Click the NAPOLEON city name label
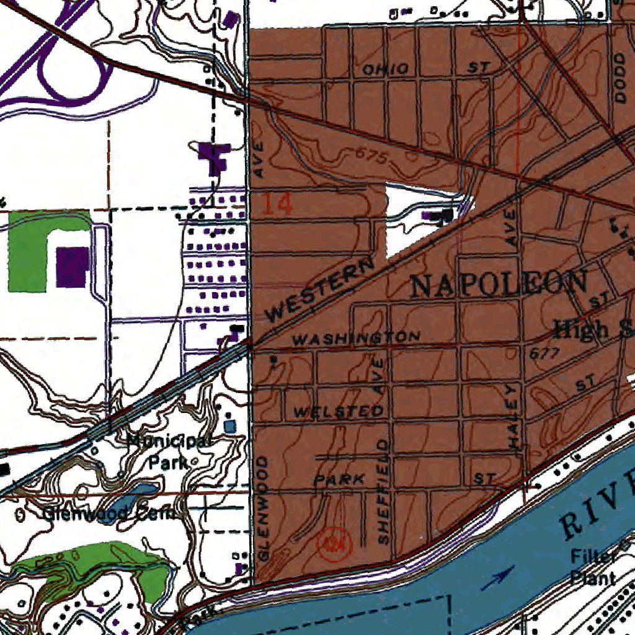point(499,285)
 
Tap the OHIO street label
point(386,69)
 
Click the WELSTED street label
point(338,412)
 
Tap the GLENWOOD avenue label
point(264,509)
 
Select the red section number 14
point(277,204)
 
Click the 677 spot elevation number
point(545,353)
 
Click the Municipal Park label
point(169,451)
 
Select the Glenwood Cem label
point(109,513)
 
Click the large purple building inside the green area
point(72,267)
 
